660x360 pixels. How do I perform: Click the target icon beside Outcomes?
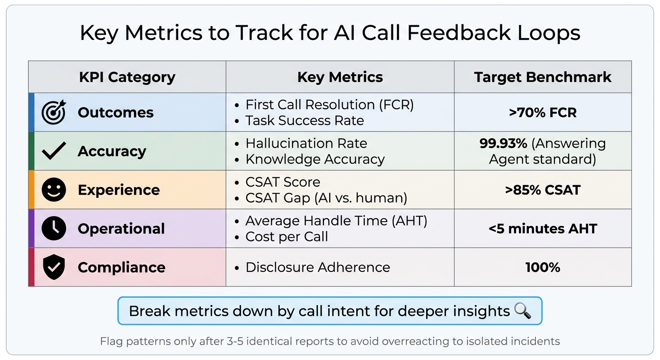53,112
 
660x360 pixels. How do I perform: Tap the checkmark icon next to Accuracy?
53,151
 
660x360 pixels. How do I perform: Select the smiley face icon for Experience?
53,190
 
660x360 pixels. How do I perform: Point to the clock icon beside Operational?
53,229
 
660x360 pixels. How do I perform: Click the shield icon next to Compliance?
53,268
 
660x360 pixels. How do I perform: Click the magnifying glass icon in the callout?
522,311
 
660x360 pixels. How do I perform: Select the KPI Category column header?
127,77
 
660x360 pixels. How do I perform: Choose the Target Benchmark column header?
542,77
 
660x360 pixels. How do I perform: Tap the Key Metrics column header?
340,77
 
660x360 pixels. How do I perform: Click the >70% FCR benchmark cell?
542,112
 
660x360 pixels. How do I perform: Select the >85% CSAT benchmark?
542,190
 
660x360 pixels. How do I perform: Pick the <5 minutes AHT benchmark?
542,229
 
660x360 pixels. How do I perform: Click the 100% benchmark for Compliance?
542,268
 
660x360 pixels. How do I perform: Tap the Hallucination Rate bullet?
306,143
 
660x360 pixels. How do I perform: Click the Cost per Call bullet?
286,237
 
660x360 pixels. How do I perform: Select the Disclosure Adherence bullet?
317,267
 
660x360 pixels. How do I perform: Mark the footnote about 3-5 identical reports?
330,341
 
